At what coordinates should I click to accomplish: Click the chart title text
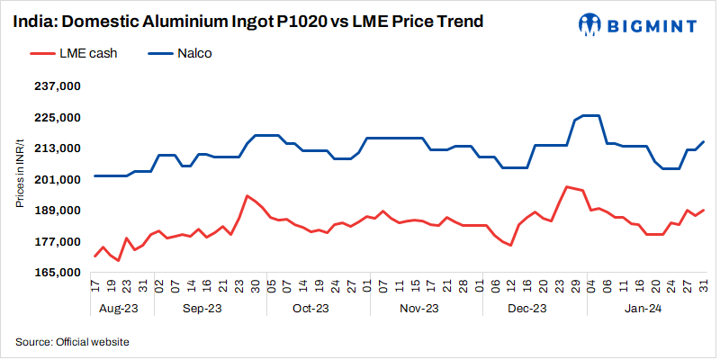coord(242,21)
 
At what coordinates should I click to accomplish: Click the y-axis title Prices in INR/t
coord(19,180)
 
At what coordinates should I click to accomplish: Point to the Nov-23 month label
coord(418,309)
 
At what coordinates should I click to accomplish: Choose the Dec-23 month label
coord(527,309)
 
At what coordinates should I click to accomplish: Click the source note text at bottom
coord(72,342)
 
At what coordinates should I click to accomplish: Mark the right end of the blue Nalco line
coord(703,141)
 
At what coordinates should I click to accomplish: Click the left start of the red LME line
coord(94,256)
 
